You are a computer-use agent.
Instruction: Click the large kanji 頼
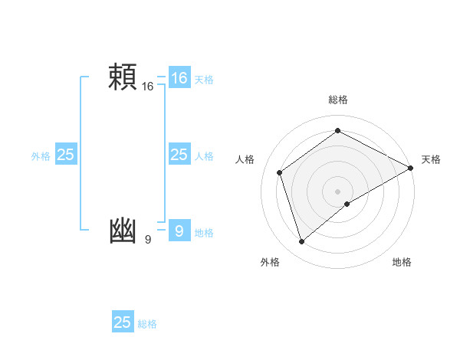coord(123,77)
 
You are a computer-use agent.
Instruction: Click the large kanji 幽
coord(123,231)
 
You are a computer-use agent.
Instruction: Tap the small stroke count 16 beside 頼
coord(148,87)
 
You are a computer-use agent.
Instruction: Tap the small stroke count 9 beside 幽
coord(148,241)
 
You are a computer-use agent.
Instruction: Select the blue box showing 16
coord(179,78)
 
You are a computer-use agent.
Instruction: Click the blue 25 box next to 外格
coord(66,155)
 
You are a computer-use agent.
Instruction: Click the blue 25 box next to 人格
coord(179,155)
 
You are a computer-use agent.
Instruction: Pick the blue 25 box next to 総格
coord(123,322)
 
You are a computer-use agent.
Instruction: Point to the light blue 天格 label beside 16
coord(204,80)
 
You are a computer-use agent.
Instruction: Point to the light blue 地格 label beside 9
coord(204,233)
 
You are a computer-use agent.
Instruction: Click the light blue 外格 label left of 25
coord(41,156)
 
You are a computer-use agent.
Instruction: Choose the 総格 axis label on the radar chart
coord(338,100)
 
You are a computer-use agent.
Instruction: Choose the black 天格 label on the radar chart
coord(431,159)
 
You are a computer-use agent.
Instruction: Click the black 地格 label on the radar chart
coord(402,262)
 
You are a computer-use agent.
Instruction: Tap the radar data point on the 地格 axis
coord(347,204)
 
